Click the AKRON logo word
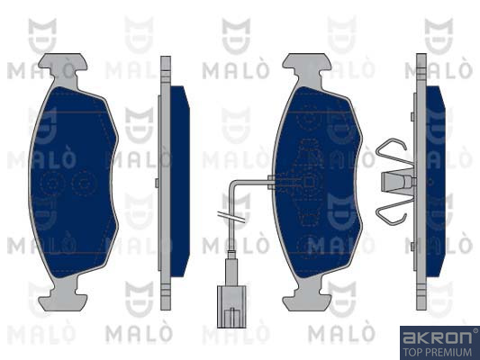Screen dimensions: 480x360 coord(437,337)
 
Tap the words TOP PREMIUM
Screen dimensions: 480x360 coord(437,352)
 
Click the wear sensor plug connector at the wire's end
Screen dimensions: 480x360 coord(231,307)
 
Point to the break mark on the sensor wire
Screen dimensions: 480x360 coord(231,217)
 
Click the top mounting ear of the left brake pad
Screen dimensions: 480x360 coord(63,65)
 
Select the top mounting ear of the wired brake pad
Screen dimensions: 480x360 coord(307,65)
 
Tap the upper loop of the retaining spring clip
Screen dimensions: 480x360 coord(391,151)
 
